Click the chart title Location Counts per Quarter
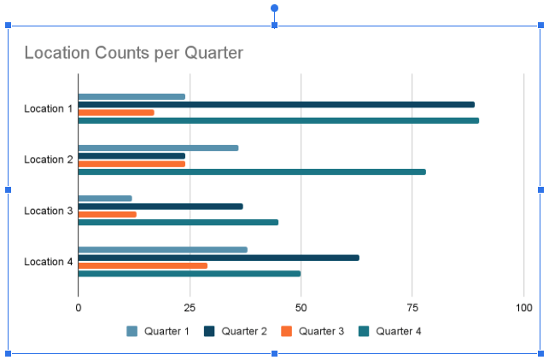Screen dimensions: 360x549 (133, 53)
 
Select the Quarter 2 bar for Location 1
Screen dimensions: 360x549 (276, 105)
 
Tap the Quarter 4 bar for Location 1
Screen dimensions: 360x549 (278, 120)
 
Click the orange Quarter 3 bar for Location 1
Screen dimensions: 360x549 (116, 113)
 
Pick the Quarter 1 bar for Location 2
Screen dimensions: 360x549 (158, 148)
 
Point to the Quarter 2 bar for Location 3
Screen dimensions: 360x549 (161, 206)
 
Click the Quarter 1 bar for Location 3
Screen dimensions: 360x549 (105, 199)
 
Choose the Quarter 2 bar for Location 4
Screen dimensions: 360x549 (219, 258)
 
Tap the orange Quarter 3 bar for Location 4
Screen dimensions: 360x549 (143, 265)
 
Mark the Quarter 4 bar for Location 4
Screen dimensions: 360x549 (189, 274)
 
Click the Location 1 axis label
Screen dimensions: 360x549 (49, 109)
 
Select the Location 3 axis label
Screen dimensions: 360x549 (49, 211)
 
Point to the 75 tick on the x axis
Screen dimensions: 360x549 (412, 307)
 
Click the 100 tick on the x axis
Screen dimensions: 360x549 (523, 307)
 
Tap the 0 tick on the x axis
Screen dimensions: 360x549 (79, 307)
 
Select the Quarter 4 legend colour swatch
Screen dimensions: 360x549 (364, 331)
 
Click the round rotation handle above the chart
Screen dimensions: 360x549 (274, 9)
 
